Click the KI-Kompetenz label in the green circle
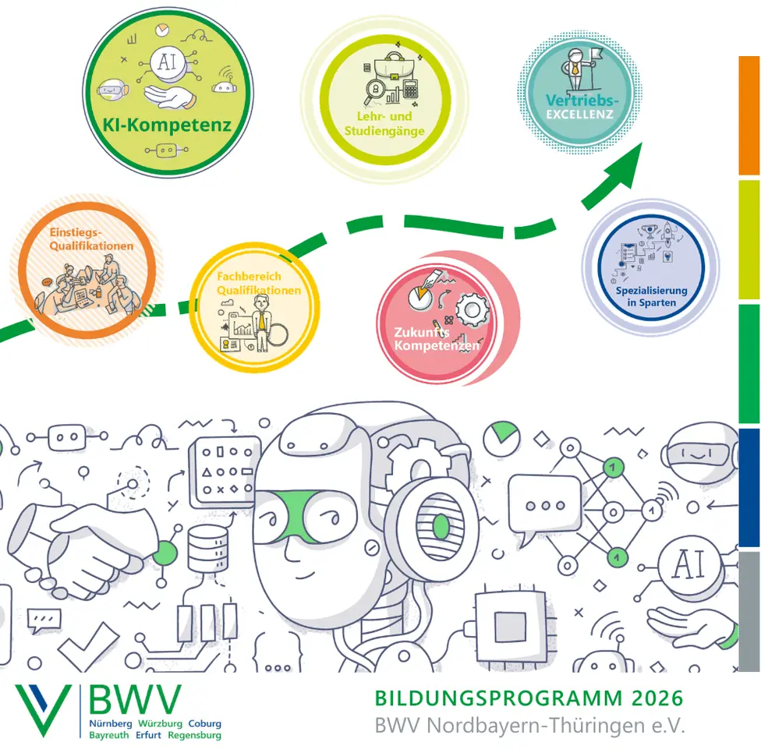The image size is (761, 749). [168, 125]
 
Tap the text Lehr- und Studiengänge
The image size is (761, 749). [384, 125]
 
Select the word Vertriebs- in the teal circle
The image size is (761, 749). [582, 101]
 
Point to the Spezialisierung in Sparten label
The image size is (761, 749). [651, 296]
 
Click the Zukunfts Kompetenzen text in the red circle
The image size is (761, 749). [425, 338]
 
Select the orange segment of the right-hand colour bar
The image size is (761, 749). [749, 115]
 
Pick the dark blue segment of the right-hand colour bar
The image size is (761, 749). [749, 486]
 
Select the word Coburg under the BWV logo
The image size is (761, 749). [204, 723]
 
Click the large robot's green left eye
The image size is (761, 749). [277, 514]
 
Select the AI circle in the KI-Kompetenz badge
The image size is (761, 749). [167, 62]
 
